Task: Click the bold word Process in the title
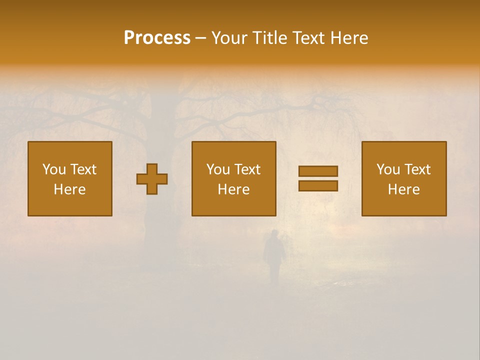[157, 38]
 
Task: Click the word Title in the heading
[268, 38]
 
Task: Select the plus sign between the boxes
[152, 179]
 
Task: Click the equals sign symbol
[318, 178]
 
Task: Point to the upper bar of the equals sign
[318, 171]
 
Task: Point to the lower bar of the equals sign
[318, 186]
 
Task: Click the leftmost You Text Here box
[70, 178]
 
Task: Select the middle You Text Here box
[234, 178]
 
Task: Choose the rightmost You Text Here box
[404, 178]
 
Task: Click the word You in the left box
[54, 169]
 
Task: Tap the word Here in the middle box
[234, 189]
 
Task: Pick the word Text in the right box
[417, 169]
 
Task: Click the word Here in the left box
[70, 189]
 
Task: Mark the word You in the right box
[388, 169]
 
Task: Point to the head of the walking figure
[274, 233]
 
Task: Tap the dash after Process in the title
[201, 38]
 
